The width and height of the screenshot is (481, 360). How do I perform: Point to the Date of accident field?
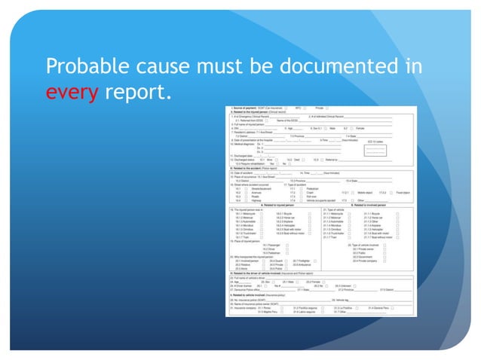[249, 172]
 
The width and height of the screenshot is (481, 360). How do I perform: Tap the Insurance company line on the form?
[253, 308]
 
